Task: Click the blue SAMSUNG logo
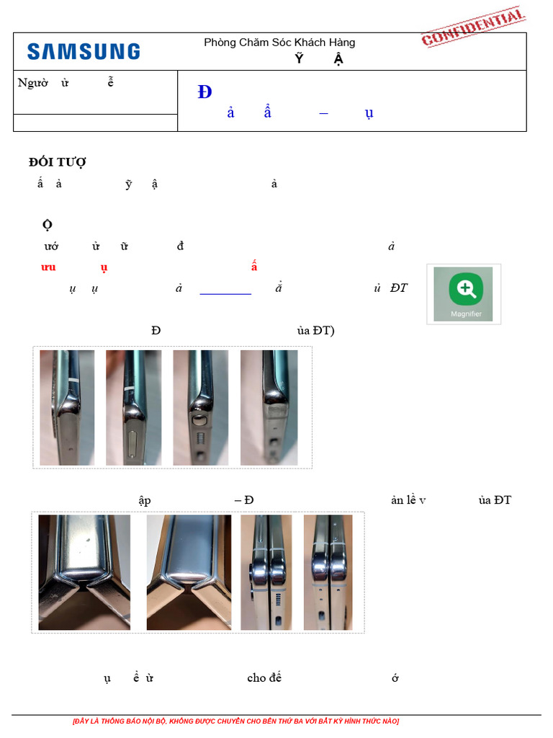point(84,51)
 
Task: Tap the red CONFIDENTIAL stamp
point(473,27)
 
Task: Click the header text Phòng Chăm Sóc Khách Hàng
point(279,43)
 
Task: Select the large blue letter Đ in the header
point(204,92)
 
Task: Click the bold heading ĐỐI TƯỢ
point(58,162)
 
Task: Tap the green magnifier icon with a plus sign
point(466,289)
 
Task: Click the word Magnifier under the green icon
point(466,314)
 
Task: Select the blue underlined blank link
point(225,289)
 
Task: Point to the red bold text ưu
point(48,267)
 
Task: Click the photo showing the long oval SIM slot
point(133,407)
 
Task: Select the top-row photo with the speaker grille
point(200,407)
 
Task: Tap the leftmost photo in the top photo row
point(67,407)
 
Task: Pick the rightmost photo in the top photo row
point(269,407)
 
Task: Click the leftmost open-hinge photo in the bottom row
point(84,572)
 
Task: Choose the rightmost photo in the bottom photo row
point(328,572)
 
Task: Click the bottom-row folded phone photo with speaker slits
point(266,572)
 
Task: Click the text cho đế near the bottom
point(264,677)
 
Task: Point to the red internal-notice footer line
point(235,721)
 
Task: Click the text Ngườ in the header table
point(33,82)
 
